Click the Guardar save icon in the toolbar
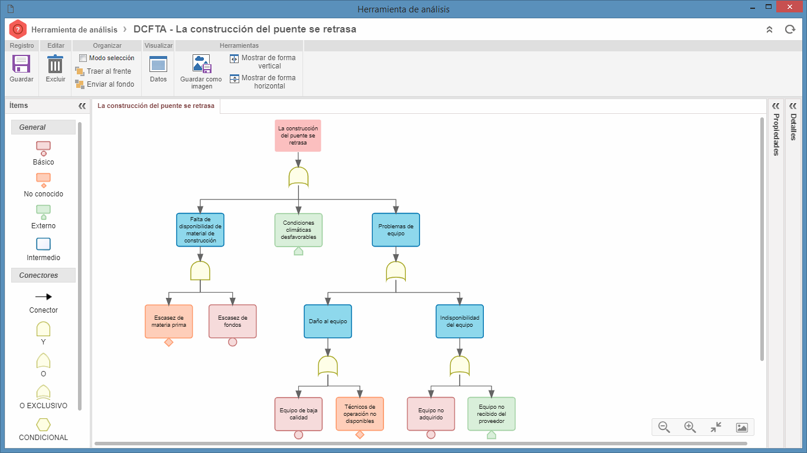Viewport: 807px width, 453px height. pyautogui.click(x=21, y=64)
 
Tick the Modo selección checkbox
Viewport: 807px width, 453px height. pyautogui.click(x=83, y=58)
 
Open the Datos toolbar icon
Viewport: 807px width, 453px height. pyautogui.click(x=158, y=64)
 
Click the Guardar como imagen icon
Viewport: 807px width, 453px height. pyautogui.click(x=201, y=64)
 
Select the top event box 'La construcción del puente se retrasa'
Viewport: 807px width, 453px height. pyautogui.click(x=298, y=136)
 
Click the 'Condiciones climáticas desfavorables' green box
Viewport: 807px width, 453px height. pyautogui.click(x=298, y=230)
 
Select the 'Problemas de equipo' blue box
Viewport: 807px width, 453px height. pyautogui.click(x=396, y=230)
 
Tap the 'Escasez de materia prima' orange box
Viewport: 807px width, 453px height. pyautogui.click(x=168, y=321)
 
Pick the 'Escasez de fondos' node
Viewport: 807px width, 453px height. pyautogui.click(x=232, y=321)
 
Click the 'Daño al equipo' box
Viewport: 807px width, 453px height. pyautogui.click(x=328, y=321)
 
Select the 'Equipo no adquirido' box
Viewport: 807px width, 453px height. pyautogui.click(x=431, y=414)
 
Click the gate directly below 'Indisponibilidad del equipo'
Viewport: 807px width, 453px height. pyautogui.click(x=460, y=366)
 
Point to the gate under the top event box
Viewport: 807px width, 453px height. pyautogui.click(x=298, y=177)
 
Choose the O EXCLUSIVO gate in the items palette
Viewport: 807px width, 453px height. pyautogui.click(x=43, y=392)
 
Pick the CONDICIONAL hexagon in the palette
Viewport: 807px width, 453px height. pyautogui.click(x=43, y=425)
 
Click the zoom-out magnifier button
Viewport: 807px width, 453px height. pyautogui.click(x=664, y=427)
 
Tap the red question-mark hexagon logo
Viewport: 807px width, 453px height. pyautogui.click(x=18, y=29)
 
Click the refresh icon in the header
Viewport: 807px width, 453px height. pyautogui.click(x=790, y=29)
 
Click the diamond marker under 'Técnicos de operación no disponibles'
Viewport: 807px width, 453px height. pyautogui.click(x=360, y=435)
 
